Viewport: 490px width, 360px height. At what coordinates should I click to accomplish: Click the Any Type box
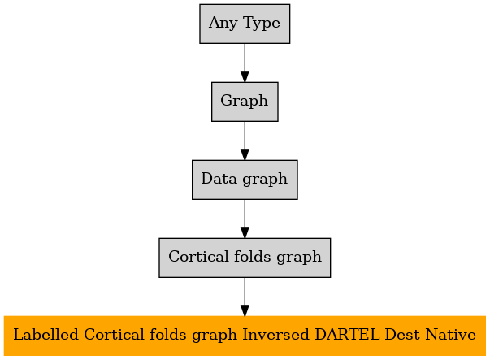(245, 24)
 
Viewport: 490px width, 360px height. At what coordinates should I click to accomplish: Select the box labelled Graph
(245, 102)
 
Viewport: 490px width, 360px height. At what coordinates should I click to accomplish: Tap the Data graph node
(245, 180)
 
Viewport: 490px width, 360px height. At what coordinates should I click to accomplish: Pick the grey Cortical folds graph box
(245, 258)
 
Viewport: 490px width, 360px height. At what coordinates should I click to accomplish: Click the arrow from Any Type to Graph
(245, 63)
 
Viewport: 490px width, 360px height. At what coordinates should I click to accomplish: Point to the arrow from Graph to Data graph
(245, 141)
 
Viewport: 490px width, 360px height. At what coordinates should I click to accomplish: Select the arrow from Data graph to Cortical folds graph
(245, 219)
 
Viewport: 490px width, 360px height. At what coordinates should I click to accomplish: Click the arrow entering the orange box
(245, 297)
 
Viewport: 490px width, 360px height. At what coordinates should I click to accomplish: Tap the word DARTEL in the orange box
(347, 335)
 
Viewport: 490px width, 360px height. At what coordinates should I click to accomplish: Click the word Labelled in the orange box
(46, 335)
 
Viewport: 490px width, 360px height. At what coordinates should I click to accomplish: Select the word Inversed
(275, 335)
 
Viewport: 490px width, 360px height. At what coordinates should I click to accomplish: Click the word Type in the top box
(261, 24)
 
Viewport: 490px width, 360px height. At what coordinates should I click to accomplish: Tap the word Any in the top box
(223, 24)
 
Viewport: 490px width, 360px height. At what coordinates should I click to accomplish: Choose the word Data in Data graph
(219, 179)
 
